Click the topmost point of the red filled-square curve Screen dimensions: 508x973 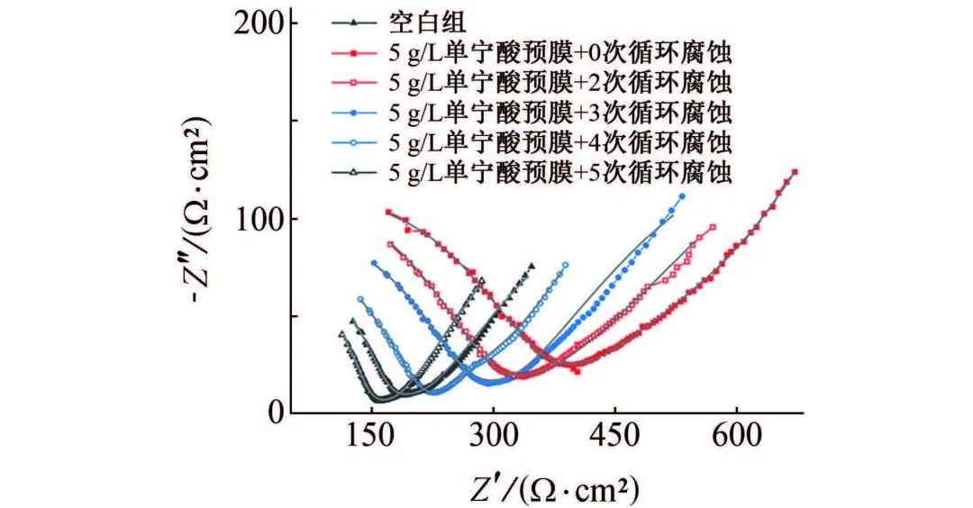pyautogui.click(x=795, y=172)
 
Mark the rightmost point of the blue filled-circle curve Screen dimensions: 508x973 pyautogui.click(x=682, y=195)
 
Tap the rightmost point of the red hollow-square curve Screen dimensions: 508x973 pyautogui.click(x=713, y=227)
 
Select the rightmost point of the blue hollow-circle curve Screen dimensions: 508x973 pyautogui.click(x=566, y=265)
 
